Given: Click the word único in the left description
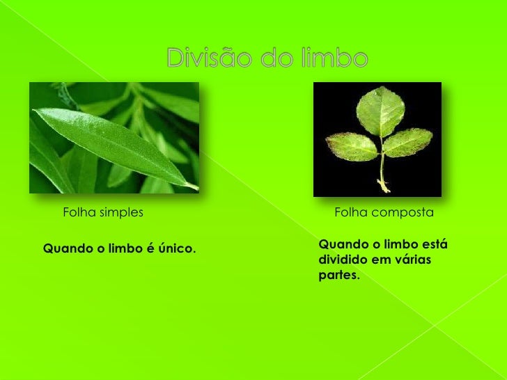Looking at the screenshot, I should (x=178, y=248).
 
